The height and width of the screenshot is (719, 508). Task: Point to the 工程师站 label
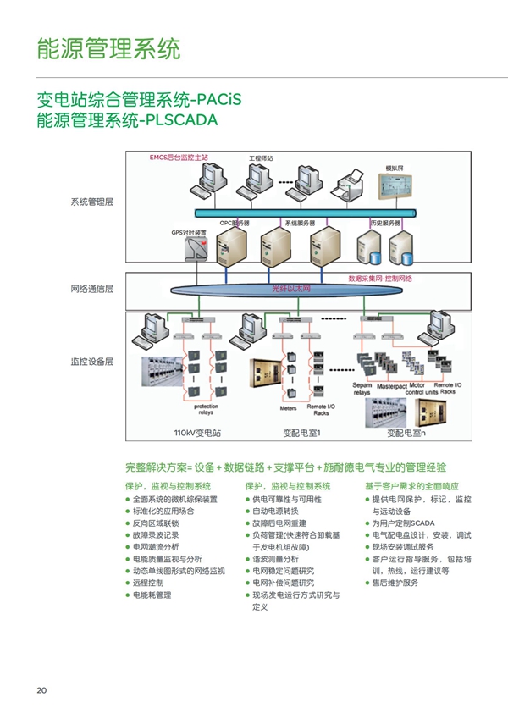coord(260,159)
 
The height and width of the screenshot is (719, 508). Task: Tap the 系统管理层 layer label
coord(91,202)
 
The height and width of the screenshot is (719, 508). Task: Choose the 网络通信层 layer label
coord(91,289)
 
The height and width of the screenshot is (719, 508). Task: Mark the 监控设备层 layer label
coord(91,362)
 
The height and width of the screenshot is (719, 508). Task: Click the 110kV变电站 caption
coord(196,434)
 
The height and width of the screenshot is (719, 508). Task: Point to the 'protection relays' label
coord(206,410)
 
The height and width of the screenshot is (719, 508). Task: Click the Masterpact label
coord(393,386)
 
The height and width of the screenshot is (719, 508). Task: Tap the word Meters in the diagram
coord(288,407)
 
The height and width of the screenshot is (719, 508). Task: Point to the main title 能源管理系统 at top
coord(108,48)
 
